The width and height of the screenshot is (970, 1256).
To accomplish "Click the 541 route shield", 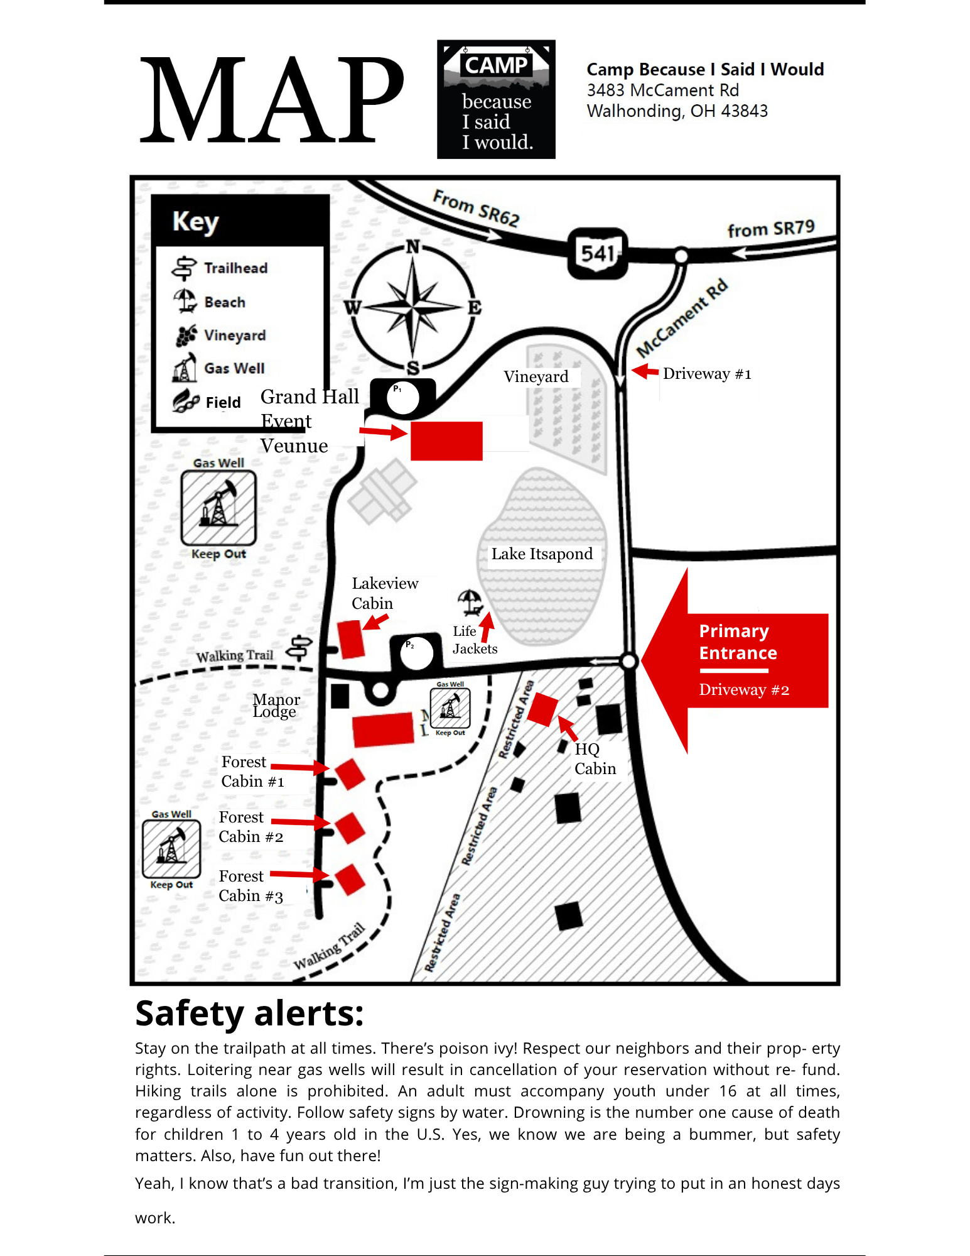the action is [x=597, y=253].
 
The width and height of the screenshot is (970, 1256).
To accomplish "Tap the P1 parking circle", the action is [x=403, y=397].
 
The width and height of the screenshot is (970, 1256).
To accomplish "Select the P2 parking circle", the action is [x=416, y=653].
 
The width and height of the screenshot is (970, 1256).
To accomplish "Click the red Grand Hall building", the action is [x=446, y=441].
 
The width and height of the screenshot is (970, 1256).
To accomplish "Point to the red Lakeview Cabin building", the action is [x=351, y=639].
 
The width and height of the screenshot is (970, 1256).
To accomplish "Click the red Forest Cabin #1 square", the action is [x=350, y=773].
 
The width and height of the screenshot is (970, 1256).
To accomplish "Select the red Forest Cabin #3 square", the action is [x=350, y=879].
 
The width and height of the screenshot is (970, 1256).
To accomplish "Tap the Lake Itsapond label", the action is [x=542, y=554].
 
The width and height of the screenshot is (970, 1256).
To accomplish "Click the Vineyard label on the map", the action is [x=536, y=376].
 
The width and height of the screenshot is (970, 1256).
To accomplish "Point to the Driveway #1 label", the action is [x=707, y=374].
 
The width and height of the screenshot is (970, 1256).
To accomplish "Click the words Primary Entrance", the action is [x=738, y=642].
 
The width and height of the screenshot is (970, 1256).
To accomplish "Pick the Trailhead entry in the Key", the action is [x=220, y=268].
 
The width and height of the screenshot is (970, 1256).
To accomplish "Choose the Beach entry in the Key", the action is [x=209, y=302].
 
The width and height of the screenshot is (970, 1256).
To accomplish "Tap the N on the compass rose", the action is [x=412, y=246].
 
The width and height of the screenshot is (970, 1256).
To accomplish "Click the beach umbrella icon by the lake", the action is [x=470, y=601].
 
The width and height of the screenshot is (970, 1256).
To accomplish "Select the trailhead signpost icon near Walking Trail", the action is [x=299, y=648].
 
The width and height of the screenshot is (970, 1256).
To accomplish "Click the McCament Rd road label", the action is [x=682, y=317].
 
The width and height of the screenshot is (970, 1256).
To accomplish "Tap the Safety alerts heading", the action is [x=249, y=1013].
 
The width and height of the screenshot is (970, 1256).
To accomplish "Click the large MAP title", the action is [x=271, y=99].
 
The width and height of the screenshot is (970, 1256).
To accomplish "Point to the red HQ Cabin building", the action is [x=543, y=709].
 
